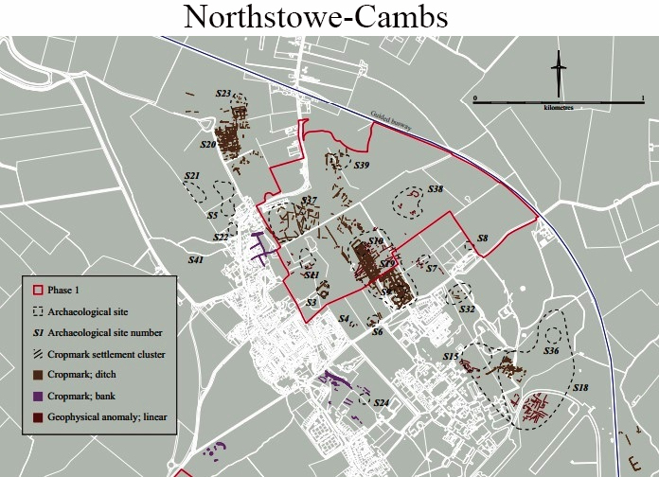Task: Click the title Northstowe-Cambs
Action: [329, 17]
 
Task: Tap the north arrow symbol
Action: [560, 73]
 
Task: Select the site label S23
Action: [223, 94]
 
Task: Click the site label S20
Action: [208, 145]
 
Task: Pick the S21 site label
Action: [192, 176]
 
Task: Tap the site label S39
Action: [361, 166]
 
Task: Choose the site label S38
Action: [435, 189]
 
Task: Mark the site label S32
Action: [467, 309]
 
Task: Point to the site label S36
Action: [551, 351]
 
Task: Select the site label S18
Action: [580, 388]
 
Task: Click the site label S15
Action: [451, 356]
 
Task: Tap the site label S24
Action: [382, 403]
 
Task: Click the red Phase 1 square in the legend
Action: [39, 290]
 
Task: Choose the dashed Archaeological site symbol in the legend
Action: [39, 310]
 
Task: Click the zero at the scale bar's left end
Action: [475, 98]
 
